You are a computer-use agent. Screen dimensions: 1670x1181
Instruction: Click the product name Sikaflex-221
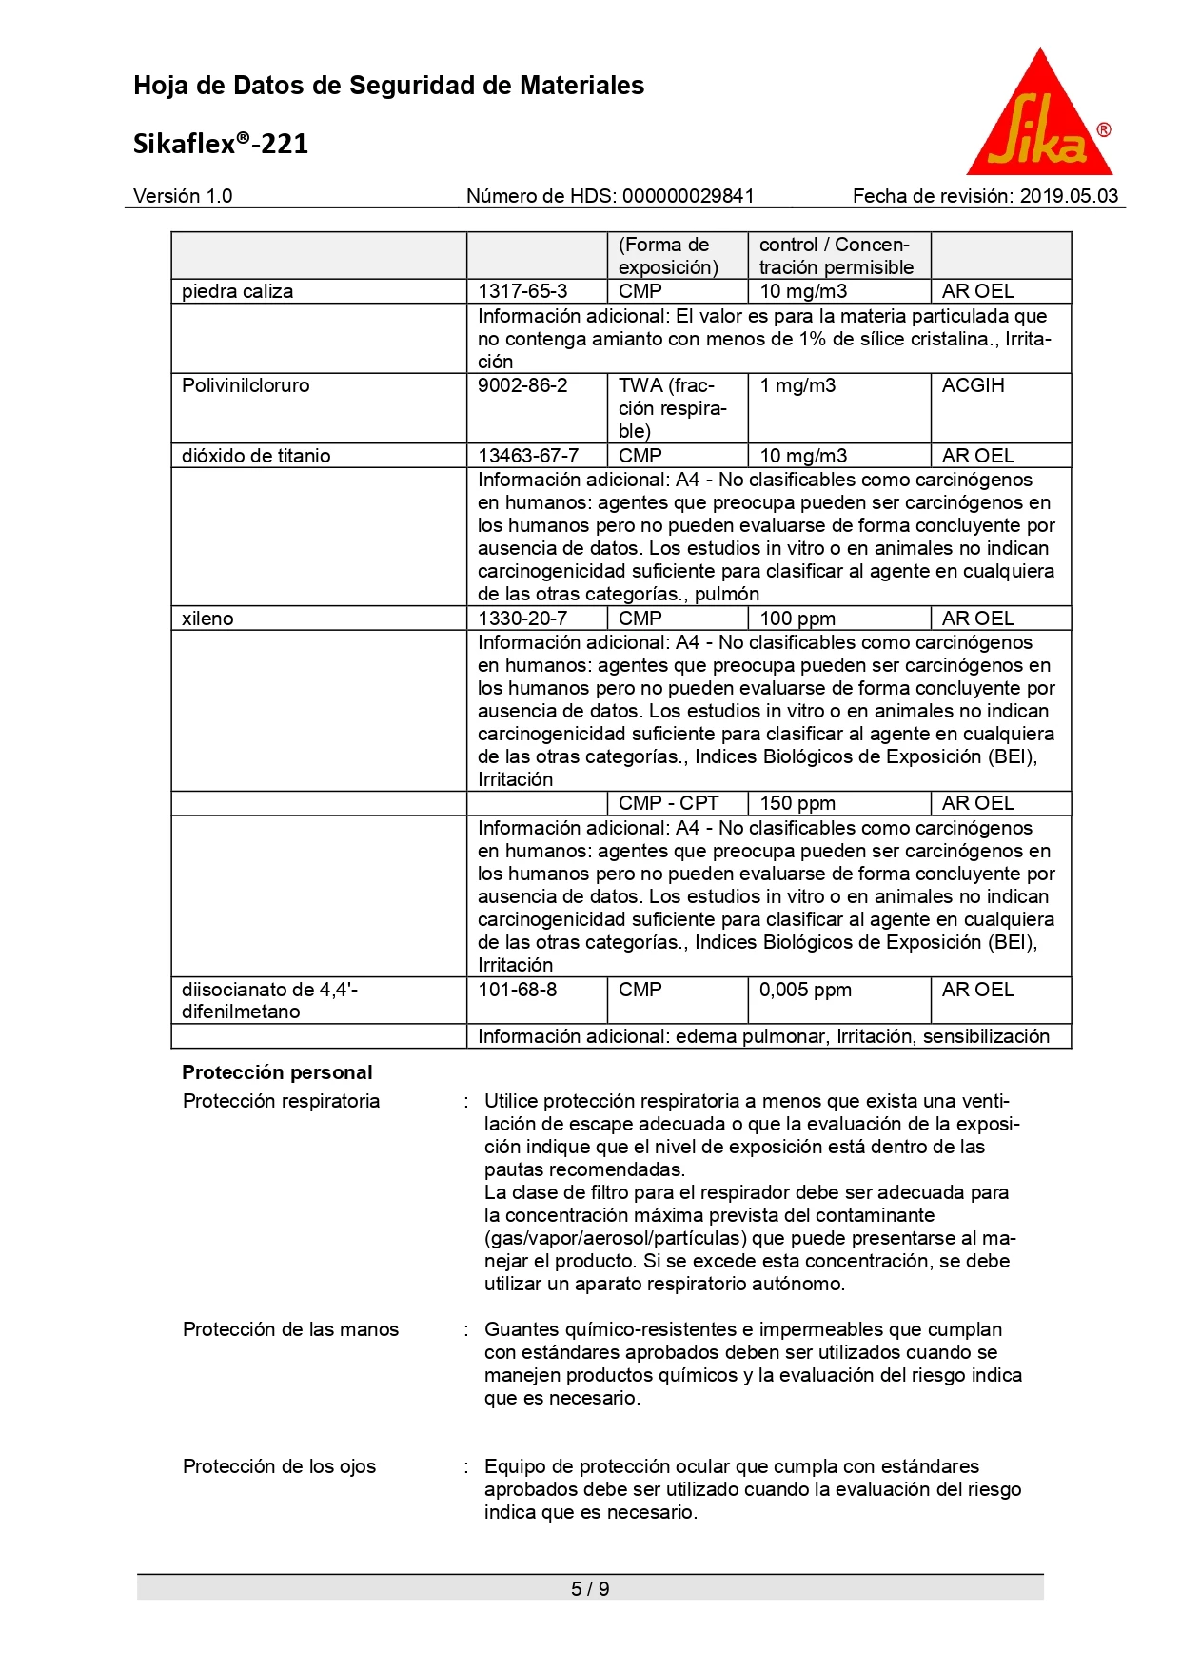221,144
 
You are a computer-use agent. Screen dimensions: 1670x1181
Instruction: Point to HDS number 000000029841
688,196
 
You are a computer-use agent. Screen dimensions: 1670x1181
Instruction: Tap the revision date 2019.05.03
1069,196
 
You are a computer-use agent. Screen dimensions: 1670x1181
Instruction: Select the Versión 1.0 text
183,196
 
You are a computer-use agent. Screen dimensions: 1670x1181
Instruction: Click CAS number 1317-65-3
522,291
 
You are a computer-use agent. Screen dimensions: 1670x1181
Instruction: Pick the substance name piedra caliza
238,291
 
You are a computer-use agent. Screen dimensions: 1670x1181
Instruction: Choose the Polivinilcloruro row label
246,385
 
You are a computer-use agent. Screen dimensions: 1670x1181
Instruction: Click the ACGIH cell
973,385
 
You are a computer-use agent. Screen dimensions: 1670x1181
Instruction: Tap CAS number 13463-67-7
528,456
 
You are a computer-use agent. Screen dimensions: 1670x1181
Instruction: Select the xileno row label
207,619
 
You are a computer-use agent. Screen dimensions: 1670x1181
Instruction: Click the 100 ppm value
797,619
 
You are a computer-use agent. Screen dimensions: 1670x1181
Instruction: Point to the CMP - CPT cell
668,803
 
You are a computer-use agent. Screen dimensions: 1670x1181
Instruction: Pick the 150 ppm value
797,803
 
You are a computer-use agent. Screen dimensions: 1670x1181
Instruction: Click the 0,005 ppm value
805,990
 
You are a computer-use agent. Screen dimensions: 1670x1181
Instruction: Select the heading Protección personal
277,1072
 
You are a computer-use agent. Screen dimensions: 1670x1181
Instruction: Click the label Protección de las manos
290,1329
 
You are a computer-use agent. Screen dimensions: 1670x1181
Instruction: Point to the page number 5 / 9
590,1588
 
